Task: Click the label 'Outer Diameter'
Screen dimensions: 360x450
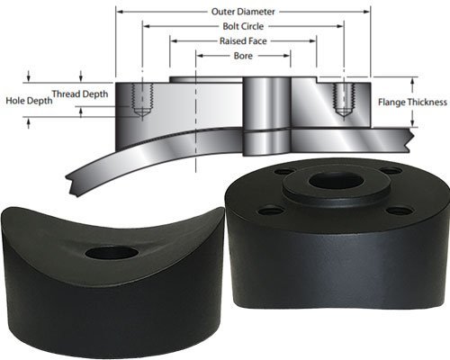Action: [x=243, y=12]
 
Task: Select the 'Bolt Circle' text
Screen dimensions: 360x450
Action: [x=243, y=26]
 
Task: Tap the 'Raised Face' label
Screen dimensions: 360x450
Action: [x=243, y=40]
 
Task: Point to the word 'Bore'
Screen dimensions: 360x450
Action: [x=243, y=55]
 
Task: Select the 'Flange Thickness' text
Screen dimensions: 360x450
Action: [x=415, y=101]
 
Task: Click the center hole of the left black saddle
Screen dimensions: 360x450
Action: [x=112, y=253]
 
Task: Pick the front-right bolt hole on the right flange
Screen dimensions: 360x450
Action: [x=400, y=210]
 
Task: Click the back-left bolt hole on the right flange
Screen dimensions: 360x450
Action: [x=283, y=171]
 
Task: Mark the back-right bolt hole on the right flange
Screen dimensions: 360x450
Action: [x=390, y=170]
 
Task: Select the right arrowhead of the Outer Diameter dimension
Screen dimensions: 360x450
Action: [x=368, y=12]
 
